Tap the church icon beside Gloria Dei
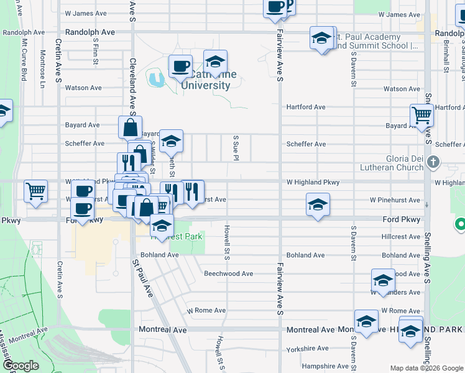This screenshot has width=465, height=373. point(434,163)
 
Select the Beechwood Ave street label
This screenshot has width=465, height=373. point(228,274)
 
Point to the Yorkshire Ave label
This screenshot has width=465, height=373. point(307,349)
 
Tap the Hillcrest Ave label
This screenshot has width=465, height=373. point(401,237)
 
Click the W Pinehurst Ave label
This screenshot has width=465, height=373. point(395,200)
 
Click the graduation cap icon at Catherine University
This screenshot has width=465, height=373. point(215,62)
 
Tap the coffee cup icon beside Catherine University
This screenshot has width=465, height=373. point(180,65)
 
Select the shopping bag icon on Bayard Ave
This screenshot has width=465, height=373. point(131,127)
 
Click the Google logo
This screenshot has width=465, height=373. point(21,366)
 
